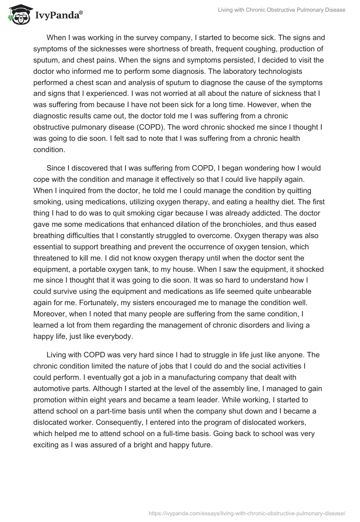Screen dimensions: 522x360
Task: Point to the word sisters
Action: click(x=173, y=303)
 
